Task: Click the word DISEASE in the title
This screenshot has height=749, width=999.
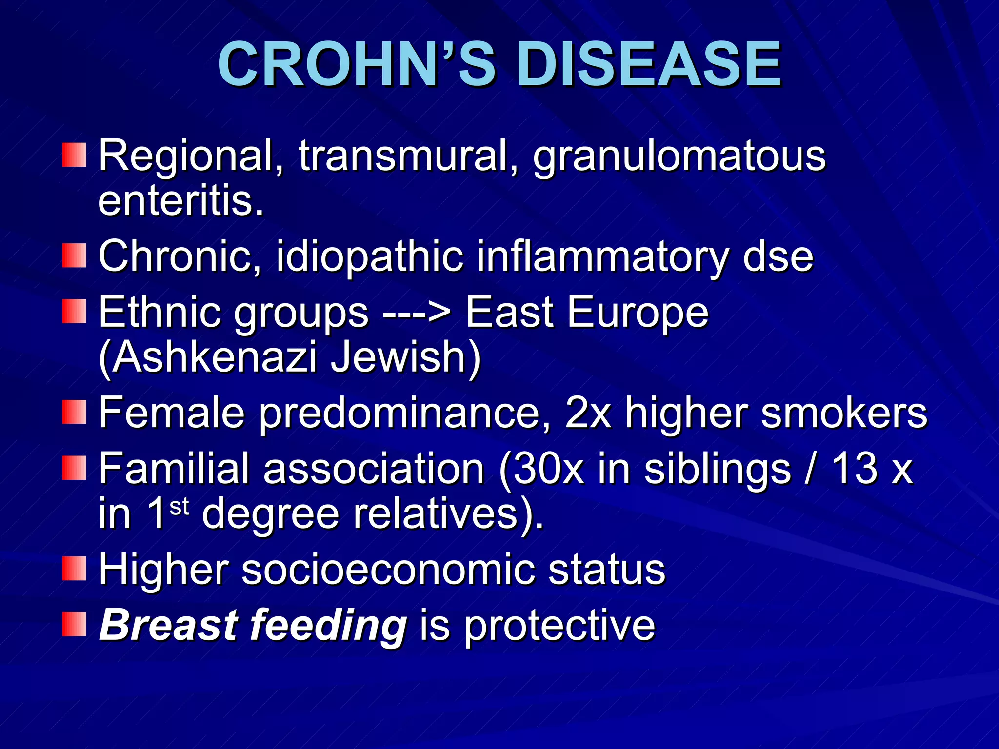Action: [x=649, y=64]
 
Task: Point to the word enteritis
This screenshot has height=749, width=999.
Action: [x=181, y=201]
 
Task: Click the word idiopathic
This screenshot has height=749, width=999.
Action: [x=369, y=256]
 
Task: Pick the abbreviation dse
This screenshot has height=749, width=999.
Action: [x=778, y=256]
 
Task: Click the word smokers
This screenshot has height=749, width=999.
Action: [x=843, y=413]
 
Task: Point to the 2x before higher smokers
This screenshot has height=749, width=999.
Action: [x=588, y=413]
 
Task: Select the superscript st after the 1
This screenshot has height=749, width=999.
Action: [x=179, y=507]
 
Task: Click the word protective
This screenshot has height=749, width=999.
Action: [x=559, y=625]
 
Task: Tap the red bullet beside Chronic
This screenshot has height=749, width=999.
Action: [x=74, y=256]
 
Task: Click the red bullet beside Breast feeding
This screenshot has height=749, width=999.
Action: [x=74, y=625]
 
